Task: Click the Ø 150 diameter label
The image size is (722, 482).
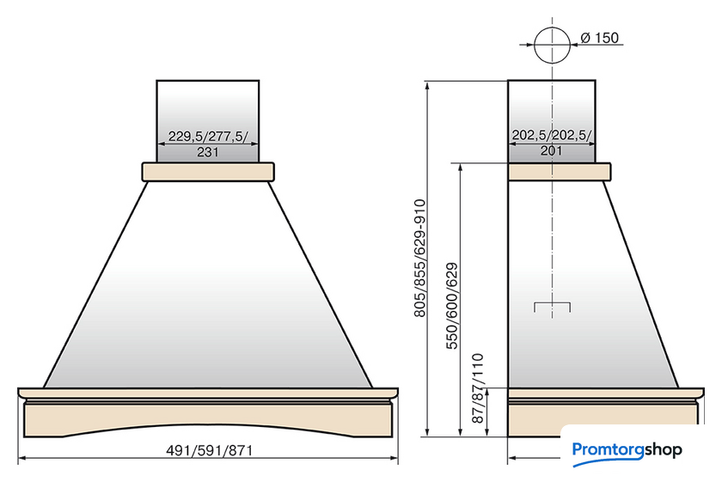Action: pos(600,38)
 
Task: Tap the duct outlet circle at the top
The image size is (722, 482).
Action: pos(534,46)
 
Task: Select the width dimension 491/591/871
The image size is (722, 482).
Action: pos(210,450)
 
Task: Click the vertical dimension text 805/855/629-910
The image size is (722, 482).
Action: pos(419,258)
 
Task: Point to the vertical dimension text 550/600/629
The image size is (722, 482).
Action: pos(452,306)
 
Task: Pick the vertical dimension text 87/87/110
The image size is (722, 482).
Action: pos(478,388)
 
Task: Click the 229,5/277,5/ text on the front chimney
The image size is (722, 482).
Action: pos(208,137)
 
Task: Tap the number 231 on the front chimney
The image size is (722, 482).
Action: pos(208,152)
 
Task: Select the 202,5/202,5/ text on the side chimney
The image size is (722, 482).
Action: pos(552,135)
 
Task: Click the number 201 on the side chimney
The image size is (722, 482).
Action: pos(551,150)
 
